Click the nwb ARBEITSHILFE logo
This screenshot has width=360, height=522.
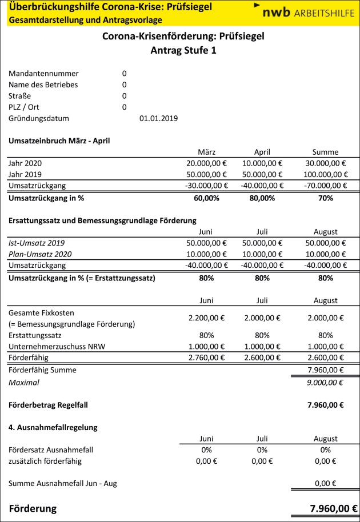coord(302,12)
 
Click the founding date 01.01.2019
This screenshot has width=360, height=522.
coord(158,118)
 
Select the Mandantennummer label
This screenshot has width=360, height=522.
coord(43,73)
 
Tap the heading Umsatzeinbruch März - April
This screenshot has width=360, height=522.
coord(59,140)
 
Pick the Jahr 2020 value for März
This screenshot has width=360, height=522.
coord(205,163)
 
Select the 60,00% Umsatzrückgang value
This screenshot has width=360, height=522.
coord(206,198)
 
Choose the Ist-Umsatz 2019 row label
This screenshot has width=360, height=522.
coord(35,243)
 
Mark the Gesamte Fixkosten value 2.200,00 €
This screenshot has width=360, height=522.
coord(206,318)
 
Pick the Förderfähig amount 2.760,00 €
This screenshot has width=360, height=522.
coord(206,358)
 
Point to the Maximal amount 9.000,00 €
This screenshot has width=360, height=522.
coord(325,382)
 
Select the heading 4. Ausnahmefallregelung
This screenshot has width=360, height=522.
coord(53,427)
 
